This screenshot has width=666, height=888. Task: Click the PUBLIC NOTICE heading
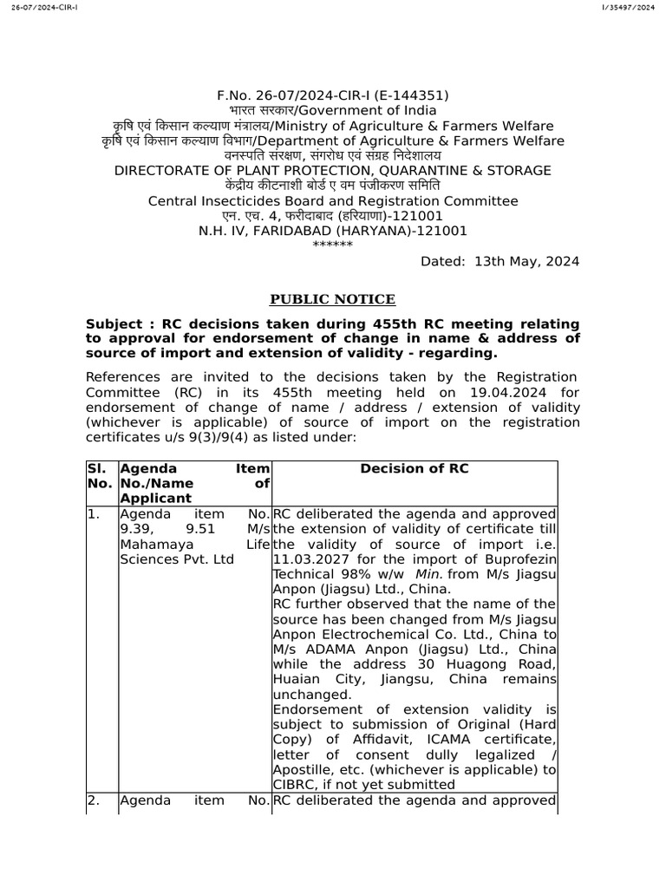(x=332, y=299)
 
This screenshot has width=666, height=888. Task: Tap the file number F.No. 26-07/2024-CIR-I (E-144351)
(x=333, y=95)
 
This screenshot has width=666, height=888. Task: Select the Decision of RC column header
(x=415, y=468)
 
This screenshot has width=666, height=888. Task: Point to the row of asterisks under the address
(x=332, y=245)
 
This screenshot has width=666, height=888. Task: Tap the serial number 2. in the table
(x=93, y=800)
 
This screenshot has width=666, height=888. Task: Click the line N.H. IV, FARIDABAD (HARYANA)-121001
(x=333, y=231)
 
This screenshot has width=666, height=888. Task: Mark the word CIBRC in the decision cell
(x=297, y=784)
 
